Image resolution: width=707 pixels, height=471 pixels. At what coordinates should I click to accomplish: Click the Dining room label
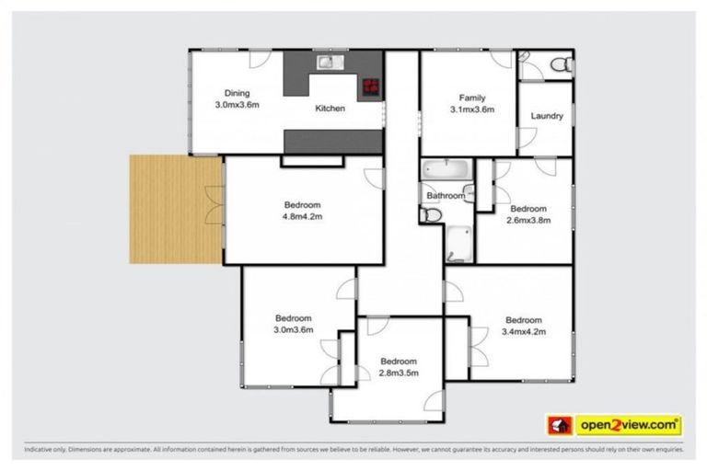pyautogui.click(x=238, y=93)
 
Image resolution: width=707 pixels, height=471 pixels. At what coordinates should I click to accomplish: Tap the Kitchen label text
pyautogui.click(x=330, y=109)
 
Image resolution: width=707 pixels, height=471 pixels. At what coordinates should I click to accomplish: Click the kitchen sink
pyautogui.click(x=330, y=63)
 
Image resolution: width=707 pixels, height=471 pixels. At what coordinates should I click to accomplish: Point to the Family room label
pyautogui.click(x=472, y=98)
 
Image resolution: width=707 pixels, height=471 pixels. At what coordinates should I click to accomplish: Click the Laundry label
pyautogui.click(x=547, y=117)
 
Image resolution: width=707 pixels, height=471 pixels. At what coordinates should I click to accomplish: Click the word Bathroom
pyautogui.click(x=445, y=196)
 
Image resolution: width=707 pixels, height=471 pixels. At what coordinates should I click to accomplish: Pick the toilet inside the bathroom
pyautogui.click(x=431, y=214)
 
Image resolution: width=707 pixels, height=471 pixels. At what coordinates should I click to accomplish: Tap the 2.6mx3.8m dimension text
pyautogui.click(x=528, y=221)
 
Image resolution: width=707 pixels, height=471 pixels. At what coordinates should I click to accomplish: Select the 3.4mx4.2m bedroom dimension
pyautogui.click(x=524, y=332)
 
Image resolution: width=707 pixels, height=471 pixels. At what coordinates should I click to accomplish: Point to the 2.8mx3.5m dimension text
pyautogui.click(x=399, y=373)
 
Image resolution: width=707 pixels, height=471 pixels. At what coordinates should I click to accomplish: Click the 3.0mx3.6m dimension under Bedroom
pyautogui.click(x=294, y=329)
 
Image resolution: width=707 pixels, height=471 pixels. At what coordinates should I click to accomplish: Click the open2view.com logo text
pyautogui.click(x=629, y=426)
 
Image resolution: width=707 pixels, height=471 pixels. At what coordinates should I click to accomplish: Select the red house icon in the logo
pyautogui.click(x=560, y=426)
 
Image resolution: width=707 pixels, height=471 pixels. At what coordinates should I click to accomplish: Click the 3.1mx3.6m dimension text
pyautogui.click(x=472, y=109)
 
